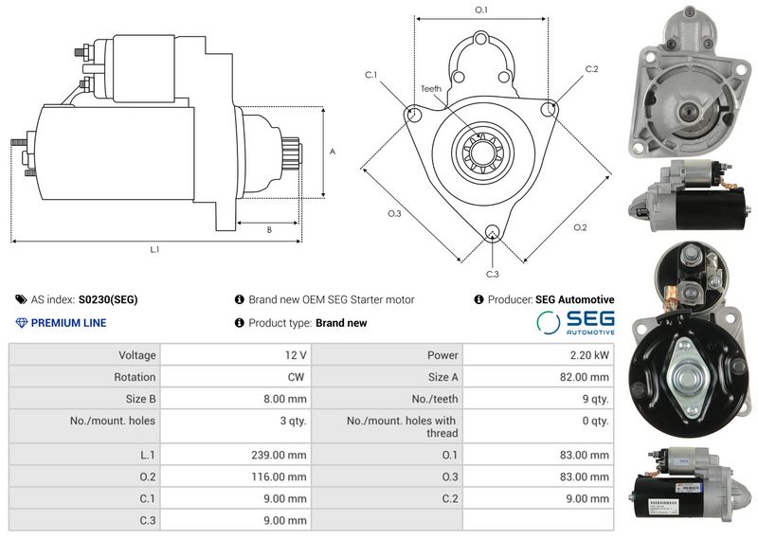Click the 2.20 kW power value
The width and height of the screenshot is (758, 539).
tap(589, 355)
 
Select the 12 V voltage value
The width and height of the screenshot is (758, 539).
tap(296, 355)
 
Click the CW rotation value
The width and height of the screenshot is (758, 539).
tap(297, 377)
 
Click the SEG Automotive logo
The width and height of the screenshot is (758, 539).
tap(575, 322)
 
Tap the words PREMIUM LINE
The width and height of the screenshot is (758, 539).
tap(68, 323)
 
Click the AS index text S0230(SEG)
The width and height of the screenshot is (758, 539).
tap(108, 299)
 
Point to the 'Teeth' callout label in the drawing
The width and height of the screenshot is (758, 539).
tap(431, 88)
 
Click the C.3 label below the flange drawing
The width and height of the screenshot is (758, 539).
tap(492, 274)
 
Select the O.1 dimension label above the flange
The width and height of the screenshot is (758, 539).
tap(480, 9)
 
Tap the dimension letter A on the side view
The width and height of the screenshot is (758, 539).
tap(332, 152)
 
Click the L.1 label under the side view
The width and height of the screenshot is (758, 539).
tap(154, 250)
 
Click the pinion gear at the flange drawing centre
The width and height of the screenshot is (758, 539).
tap(480, 151)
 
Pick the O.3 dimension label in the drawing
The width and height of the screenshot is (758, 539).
tap(394, 213)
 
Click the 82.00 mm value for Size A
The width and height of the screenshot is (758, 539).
tap(586, 377)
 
